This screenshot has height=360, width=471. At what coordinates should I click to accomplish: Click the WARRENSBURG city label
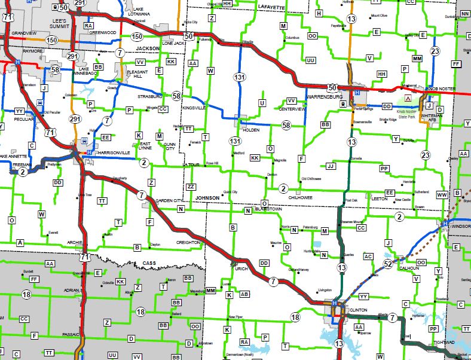click(x=323, y=96)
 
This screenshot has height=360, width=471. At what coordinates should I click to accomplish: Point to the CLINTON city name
click(x=358, y=310)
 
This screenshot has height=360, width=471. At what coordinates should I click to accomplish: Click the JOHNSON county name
click(x=207, y=197)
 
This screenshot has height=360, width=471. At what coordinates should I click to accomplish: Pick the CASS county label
click(x=149, y=263)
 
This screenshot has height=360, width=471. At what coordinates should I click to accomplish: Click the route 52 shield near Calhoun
click(x=389, y=264)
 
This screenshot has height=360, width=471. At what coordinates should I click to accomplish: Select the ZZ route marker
click(x=191, y=187)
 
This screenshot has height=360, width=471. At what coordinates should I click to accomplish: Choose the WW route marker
click(x=442, y=195)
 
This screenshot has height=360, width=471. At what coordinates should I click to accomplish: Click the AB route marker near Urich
click(x=244, y=294)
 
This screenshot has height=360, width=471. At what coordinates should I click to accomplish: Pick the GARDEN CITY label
click(x=168, y=200)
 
